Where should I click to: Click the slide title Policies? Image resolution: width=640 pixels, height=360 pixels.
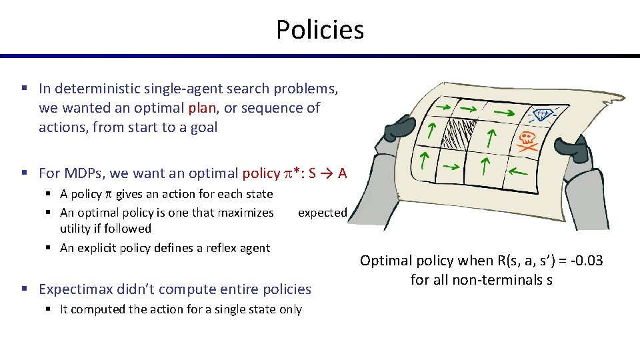coord(320,30)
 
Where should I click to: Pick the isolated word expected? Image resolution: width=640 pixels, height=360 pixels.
coord(323,213)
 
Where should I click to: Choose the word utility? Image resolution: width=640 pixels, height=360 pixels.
coord(75,229)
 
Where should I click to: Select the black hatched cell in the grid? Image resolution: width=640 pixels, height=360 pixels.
coord(459,133)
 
